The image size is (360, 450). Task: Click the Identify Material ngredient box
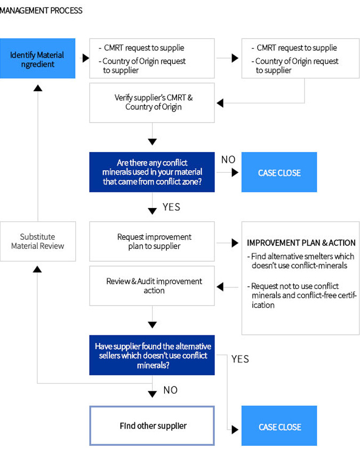(x=38, y=58)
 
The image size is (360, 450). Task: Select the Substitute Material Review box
(x=38, y=242)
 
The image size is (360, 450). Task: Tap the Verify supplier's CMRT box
(x=152, y=103)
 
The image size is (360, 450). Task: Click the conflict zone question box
(x=152, y=172)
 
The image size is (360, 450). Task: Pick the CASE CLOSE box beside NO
(x=279, y=172)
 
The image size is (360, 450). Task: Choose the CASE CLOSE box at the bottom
(x=279, y=425)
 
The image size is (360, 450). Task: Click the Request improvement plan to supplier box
(x=152, y=242)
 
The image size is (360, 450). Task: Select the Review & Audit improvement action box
(x=152, y=286)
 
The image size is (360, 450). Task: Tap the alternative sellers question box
(x=152, y=355)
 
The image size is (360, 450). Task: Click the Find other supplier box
(x=152, y=425)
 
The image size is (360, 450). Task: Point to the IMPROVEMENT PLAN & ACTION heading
(x=301, y=243)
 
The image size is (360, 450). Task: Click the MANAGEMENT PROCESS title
(x=41, y=11)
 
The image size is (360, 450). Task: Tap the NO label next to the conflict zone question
(x=228, y=159)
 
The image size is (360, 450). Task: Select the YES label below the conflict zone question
(x=171, y=207)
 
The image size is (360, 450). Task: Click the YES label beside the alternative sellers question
(x=241, y=359)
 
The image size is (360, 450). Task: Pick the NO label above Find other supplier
(x=171, y=390)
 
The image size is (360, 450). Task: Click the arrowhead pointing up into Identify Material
(x=38, y=88)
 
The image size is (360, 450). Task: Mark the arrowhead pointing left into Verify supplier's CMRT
(x=220, y=103)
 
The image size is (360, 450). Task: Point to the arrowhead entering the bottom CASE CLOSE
(x=235, y=430)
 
